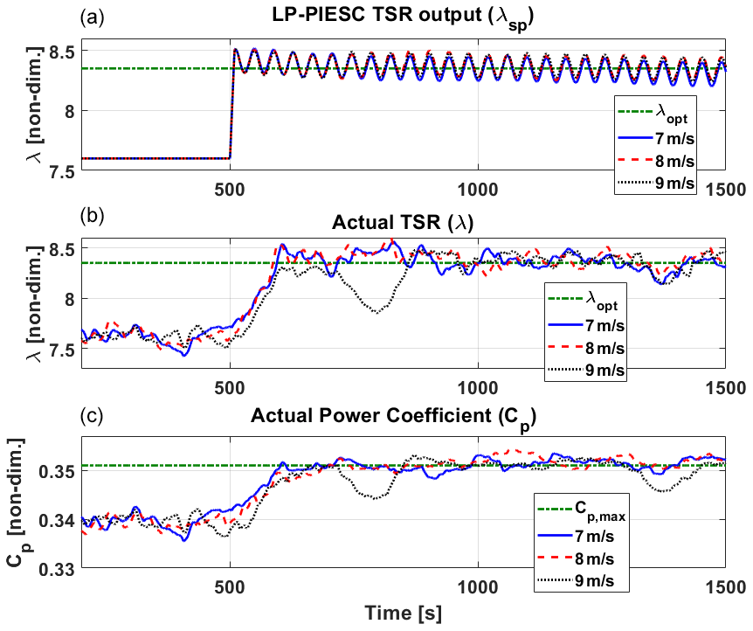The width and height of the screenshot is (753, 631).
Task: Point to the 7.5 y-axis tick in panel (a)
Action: (x=62, y=170)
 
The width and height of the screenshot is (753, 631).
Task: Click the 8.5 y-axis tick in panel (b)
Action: (x=62, y=249)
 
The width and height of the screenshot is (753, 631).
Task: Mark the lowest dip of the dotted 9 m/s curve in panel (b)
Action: (x=376, y=312)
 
